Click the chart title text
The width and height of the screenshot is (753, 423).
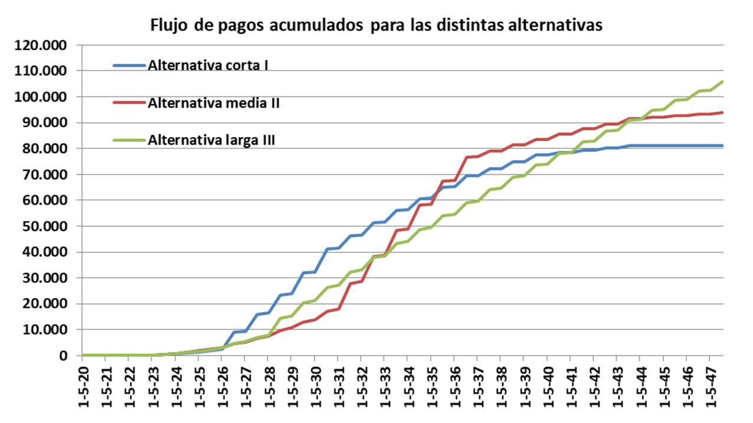(377, 25)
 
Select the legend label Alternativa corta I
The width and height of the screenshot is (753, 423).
(208, 65)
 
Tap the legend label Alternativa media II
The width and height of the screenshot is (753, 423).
(214, 103)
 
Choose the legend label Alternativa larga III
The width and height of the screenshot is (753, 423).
(211, 140)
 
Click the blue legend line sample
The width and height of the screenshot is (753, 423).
(129, 66)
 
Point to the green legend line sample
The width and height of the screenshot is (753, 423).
(129, 141)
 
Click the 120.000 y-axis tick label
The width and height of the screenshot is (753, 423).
(42, 45)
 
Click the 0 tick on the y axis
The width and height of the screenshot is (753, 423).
(62, 356)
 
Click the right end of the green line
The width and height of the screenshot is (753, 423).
(722, 82)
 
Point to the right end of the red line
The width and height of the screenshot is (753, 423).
(722, 112)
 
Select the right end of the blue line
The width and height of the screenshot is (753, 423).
(722, 145)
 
